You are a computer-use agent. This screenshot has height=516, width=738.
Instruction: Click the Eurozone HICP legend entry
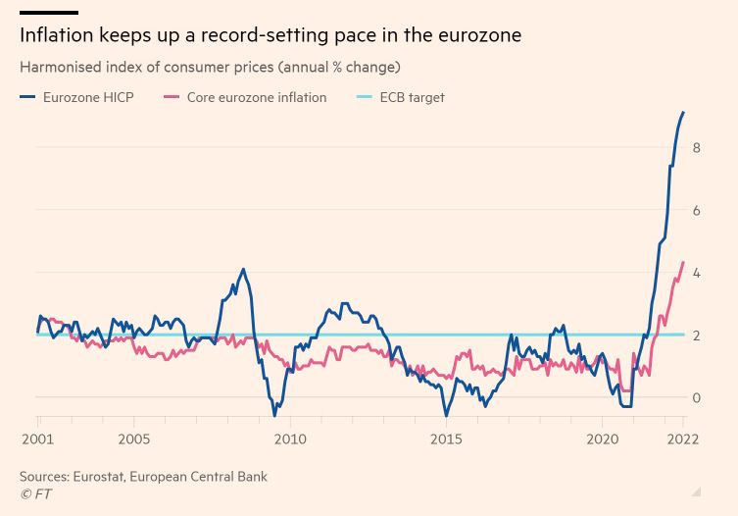pyautogui.click(x=87, y=97)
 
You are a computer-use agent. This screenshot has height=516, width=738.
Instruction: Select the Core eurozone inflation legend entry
pyautogui.click(x=256, y=97)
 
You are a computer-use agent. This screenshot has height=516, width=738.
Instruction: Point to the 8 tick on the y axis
pyautogui.click(x=696, y=147)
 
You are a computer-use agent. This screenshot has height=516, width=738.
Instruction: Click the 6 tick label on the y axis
pyautogui.click(x=696, y=210)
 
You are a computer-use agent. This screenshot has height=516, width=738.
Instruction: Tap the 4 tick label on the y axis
pyautogui.click(x=696, y=273)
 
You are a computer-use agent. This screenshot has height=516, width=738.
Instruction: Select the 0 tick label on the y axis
pyautogui.click(x=696, y=397)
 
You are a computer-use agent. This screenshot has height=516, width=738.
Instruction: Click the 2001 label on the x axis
pyautogui.click(x=37, y=439)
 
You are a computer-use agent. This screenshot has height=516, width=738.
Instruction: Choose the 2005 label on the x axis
pyautogui.click(x=134, y=439)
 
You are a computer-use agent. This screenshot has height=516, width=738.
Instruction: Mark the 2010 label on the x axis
pyautogui.click(x=289, y=439)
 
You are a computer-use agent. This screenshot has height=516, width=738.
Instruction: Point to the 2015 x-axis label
pyautogui.click(x=446, y=439)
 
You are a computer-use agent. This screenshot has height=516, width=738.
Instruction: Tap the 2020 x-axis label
pyautogui.click(x=602, y=439)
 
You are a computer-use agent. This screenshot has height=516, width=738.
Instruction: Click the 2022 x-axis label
pyautogui.click(x=682, y=439)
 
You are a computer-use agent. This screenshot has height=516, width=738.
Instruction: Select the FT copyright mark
pyautogui.click(x=36, y=494)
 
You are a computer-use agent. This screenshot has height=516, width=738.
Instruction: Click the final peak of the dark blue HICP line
pyautogui.click(x=683, y=113)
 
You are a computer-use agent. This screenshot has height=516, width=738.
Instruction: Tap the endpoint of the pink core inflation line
pyautogui.click(x=683, y=262)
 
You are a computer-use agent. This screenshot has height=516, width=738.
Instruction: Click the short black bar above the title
pyautogui.click(x=48, y=13)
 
